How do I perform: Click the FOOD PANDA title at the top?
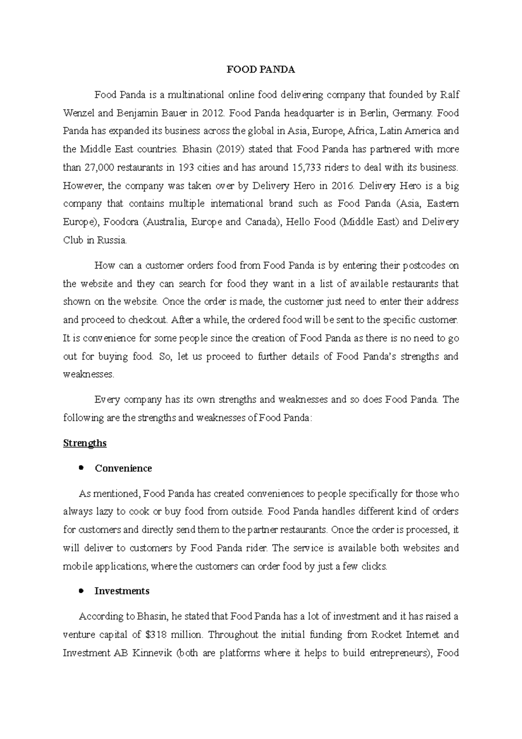point(261,70)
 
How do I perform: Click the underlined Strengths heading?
point(85,443)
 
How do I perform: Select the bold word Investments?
point(122,591)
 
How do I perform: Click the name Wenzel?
point(79,113)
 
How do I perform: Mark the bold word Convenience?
point(123,468)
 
